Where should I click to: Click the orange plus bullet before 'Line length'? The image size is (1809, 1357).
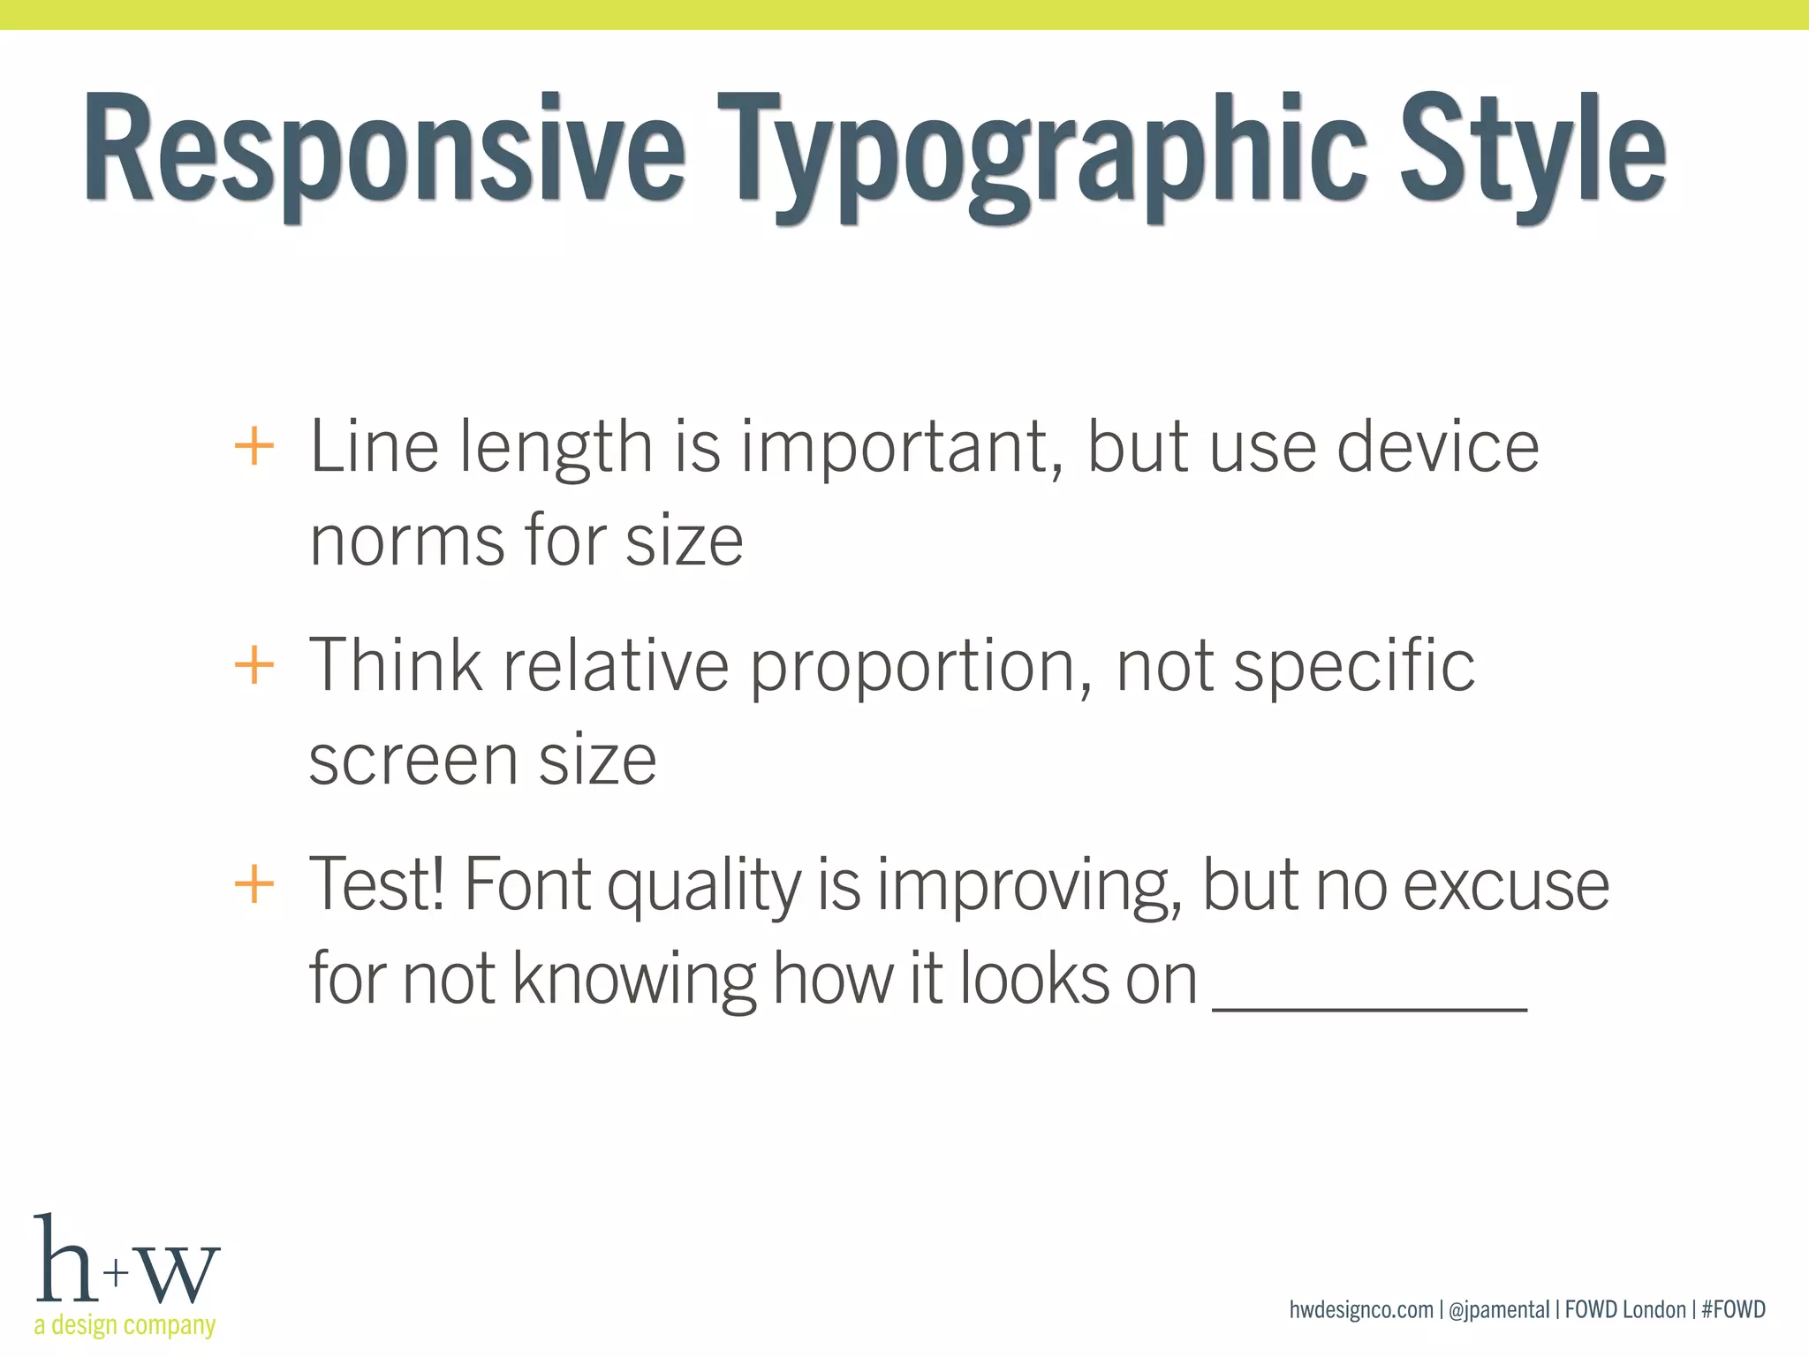(254, 446)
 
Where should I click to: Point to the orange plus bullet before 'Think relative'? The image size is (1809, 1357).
(254, 664)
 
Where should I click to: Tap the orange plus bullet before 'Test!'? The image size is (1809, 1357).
(254, 883)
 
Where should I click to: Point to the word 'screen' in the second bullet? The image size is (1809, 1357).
(413, 760)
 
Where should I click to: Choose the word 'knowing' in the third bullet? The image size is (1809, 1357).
(633, 981)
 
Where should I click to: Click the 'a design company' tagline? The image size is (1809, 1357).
(125, 1325)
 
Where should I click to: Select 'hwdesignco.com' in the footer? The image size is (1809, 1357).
(1361, 1309)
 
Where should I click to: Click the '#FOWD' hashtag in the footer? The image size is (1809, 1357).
(1733, 1309)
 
